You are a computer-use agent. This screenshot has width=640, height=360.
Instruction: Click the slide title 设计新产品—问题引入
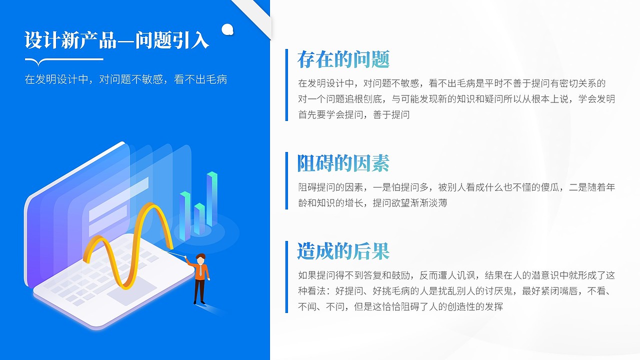(x=116, y=40)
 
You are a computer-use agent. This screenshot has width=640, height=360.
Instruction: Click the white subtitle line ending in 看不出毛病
(x=126, y=79)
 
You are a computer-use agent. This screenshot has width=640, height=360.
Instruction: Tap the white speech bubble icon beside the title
(x=227, y=29)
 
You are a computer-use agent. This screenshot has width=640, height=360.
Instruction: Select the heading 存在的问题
(x=343, y=59)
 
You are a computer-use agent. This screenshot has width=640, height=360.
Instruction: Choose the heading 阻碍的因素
(x=343, y=163)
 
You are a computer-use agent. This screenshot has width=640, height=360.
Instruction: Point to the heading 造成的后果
(x=343, y=251)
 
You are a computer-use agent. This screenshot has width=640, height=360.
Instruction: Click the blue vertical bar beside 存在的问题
(x=287, y=84)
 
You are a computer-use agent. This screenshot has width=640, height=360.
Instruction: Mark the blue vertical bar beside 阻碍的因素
(x=287, y=180)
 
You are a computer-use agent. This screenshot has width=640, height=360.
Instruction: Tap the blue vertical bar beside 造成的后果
(x=287, y=276)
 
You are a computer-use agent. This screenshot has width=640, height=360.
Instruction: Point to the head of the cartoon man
(x=200, y=259)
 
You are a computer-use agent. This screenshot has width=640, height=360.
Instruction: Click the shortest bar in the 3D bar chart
(x=199, y=218)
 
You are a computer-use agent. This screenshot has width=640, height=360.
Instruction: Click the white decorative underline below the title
(x=64, y=60)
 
